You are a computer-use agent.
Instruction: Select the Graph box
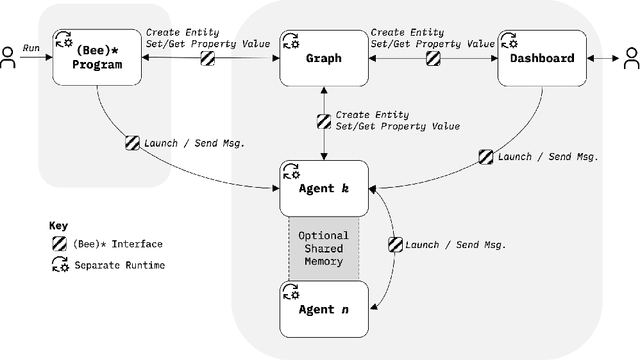[x=323, y=58]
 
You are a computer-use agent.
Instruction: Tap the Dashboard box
[x=543, y=58]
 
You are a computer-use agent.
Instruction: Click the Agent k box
[x=323, y=187]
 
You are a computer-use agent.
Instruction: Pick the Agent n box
[x=323, y=309]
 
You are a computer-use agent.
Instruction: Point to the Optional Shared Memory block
[x=323, y=248]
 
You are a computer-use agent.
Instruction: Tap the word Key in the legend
[x=59, y=225]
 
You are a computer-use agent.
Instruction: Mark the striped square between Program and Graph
[x=207, y=58]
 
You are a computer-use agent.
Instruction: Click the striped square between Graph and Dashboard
[x=432, y=58]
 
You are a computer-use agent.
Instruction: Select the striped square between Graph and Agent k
[x=323, y=120]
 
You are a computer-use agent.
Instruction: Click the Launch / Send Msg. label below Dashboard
[x=547, y=156]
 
